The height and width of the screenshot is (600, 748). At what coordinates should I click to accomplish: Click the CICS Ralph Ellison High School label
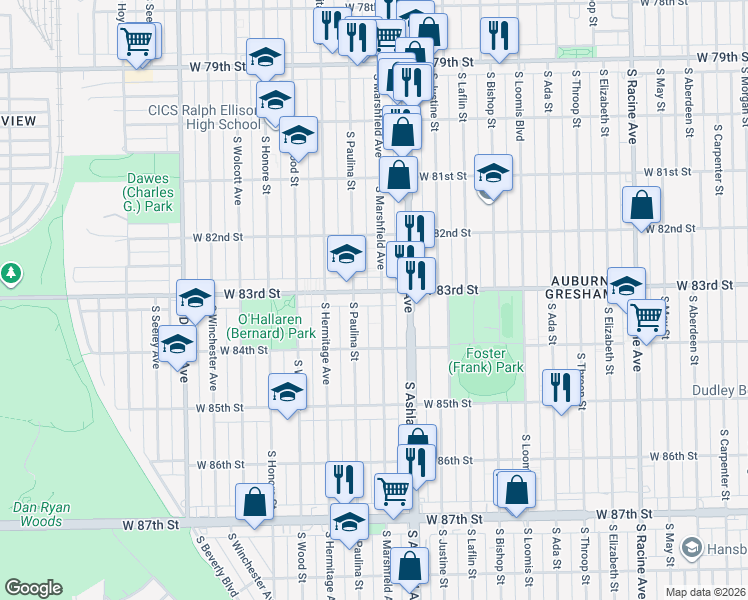click(x=204, y=117)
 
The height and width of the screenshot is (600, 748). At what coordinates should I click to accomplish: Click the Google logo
click(x=33, y=588)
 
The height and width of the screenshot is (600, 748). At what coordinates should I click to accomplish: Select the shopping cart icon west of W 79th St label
click(x=137, y=42)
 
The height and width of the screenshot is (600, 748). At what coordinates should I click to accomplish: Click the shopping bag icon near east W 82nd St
click(x=641, y=205)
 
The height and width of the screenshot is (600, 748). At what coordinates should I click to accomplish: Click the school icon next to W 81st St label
click(x=492, y=173)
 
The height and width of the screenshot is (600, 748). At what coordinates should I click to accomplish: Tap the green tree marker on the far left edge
click(x=11, y=272)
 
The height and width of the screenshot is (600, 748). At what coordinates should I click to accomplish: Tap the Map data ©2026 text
click(x=705, y=592)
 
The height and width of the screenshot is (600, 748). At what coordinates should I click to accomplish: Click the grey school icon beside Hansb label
click(x=691, y=549)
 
